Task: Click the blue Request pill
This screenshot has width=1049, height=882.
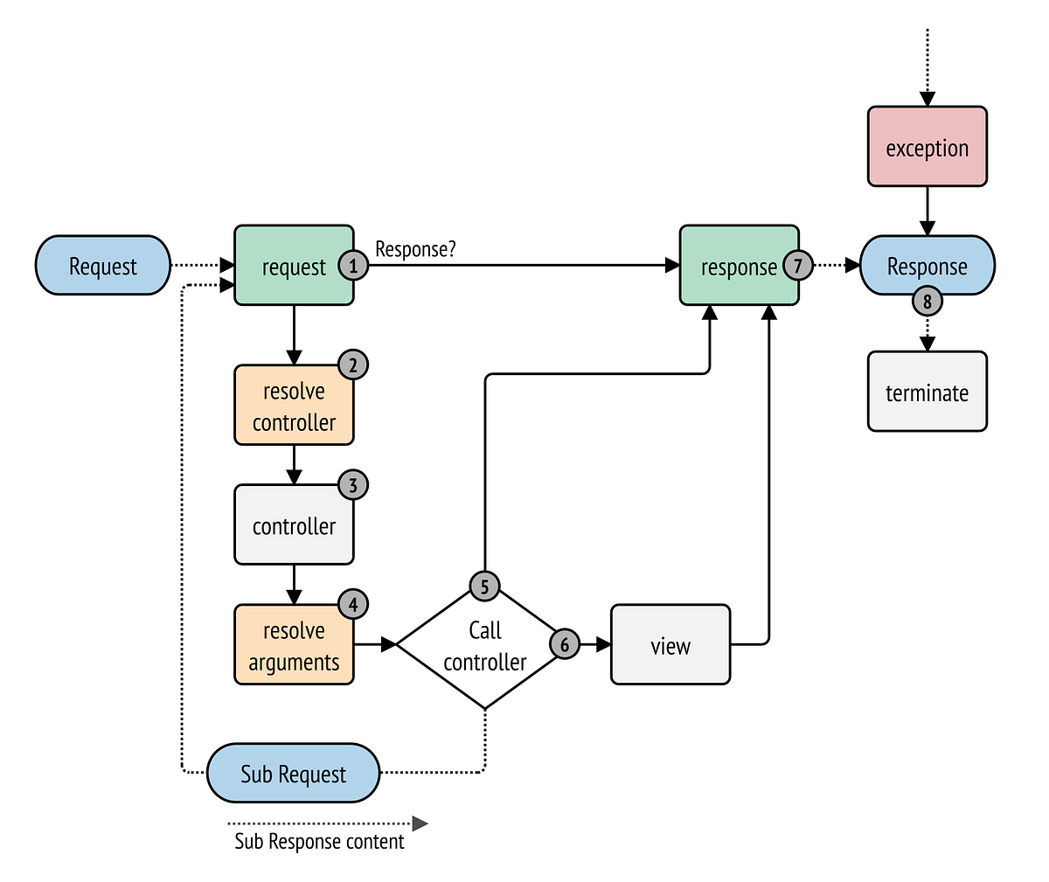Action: pos(103,265)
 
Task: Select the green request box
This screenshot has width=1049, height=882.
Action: pos(294,265)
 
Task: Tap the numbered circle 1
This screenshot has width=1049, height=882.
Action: pos(353,265)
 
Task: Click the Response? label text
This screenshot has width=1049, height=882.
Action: pos(415,249)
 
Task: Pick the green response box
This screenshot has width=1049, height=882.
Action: pos(739,265)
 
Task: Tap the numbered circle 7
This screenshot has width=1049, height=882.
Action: pos(798,265)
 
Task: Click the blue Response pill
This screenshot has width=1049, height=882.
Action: pos(927,265)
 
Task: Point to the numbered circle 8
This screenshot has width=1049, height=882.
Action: pos(927,302)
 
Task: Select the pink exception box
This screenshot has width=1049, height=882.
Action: pos(927,146)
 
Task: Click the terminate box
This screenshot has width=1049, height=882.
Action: pos(927,392)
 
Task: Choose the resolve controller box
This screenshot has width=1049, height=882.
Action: pos(294,405)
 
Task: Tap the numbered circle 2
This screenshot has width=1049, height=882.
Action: pos(353,365)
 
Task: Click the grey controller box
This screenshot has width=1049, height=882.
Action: pos(294,524)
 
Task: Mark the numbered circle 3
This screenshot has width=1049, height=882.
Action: pos(353,485)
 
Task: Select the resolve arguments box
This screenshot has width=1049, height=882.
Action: pos(294,644)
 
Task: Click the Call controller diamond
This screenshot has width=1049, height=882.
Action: pos(485,645)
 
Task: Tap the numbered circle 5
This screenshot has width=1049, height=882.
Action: pos(485,587)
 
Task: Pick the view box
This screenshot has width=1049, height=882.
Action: pos(670,644)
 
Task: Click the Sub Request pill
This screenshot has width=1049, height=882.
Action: pos(294,773)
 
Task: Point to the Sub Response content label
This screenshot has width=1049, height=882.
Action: pos(320,842)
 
